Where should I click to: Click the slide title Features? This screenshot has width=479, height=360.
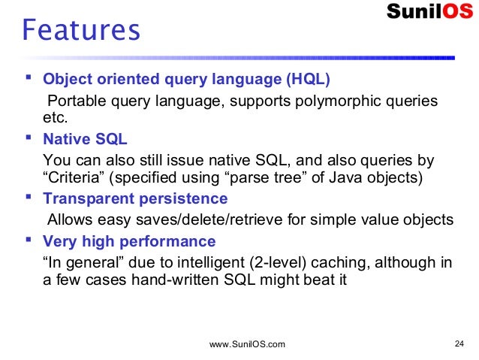coord(81,32)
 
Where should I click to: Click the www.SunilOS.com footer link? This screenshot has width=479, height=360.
coord(247,344)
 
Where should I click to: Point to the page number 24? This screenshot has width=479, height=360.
coord(461,344)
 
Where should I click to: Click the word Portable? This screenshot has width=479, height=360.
coord(76,101)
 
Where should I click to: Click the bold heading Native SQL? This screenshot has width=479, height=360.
coord(85,139)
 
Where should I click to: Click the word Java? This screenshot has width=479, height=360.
coord(344,178)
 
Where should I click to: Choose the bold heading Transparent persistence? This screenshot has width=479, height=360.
coord(135,199)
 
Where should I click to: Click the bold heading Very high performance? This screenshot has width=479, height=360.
coord(129,241)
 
